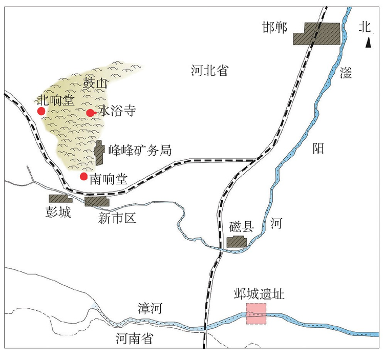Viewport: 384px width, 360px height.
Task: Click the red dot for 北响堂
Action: tap(41, 111)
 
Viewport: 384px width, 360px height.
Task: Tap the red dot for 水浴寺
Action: tap(90, 113)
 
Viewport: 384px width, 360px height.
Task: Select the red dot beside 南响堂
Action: tap(83, 177)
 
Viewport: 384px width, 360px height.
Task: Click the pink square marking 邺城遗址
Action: tap(257, 313)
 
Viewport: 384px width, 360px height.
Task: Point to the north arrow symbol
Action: tap(368, 44)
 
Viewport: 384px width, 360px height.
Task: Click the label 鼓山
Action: tap(95, 82)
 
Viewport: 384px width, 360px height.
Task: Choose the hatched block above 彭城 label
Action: tap(60, 199)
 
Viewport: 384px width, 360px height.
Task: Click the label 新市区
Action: tap(117, 218)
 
